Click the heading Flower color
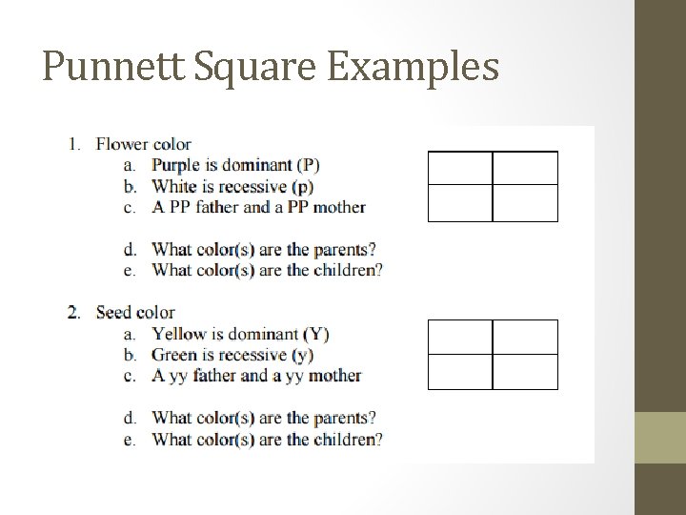tap(143, 145)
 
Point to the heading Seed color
tap(135, 313)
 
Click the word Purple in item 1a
tap(175, 166)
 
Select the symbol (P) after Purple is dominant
tap(308, 166)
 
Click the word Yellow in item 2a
tap(179, 334)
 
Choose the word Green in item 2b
tap(174, 355)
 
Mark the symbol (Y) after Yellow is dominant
tap(316, 334)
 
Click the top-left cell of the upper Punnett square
tap(460, 168)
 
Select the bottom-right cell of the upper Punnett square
tap(525, 203)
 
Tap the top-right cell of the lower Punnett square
tap(525, 337)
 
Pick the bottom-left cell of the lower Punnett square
tap(460, 372)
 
